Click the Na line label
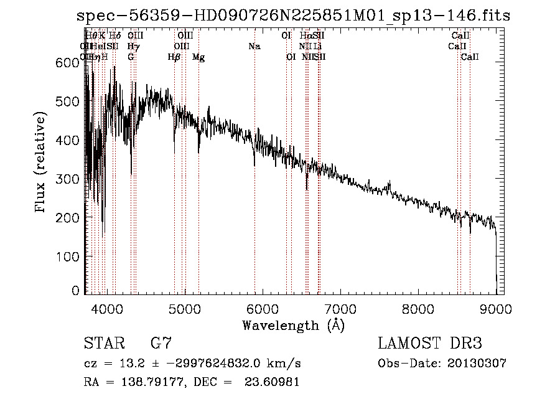(x=254, y=47)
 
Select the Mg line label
(x=198, y=57)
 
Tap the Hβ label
(x=174, y=57)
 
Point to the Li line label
(x=318, y=47)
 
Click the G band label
(x=131, y=57)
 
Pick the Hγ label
(x=133, y=47)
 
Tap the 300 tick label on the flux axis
(x=71, y=179)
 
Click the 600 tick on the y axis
(x=71, y=63)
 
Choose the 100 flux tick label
(x=71, y=256)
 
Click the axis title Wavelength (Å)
(x=293, y=325)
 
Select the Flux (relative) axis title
(x=42, y=163)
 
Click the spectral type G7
(x=161, y=344)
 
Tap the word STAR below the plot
(x=102, y=344)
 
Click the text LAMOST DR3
(x=430, y=344)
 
